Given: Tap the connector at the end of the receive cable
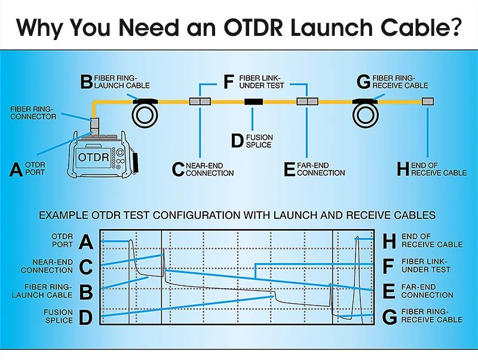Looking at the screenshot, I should (x=427, y=102).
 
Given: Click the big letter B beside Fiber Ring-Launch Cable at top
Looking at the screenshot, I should (x=86, y=82).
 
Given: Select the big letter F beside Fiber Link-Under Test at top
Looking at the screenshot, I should (x=228, y=82).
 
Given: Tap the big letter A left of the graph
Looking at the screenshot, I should (x=85, y=242).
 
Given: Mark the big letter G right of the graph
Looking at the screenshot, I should (x=389, y=316).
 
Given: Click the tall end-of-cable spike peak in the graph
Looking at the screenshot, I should (x=357, y=238).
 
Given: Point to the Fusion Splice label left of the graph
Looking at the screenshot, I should (x=58, y=316).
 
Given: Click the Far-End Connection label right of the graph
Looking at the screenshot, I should (x=427, y=291).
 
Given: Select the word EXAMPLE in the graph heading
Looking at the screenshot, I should (x=62, y=214).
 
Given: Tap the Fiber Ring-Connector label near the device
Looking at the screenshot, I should (x=33, y=112).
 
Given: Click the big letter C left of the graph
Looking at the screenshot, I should (x=85, y=267).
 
